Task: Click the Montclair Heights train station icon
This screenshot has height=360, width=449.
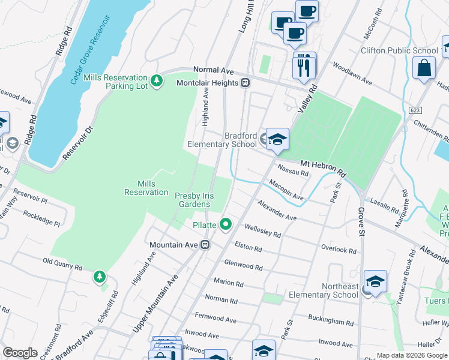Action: point(246,83)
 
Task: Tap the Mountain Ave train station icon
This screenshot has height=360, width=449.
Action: point(205,245)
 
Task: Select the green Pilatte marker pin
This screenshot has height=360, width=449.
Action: point(226,224)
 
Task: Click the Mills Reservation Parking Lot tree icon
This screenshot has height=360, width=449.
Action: point(157,80)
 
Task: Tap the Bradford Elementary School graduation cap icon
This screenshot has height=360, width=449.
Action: point(277,139)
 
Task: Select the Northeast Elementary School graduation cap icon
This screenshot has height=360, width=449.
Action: point(375,281)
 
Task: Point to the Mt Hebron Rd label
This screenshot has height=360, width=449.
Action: point(323,167)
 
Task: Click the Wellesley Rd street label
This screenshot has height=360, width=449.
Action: point(262,231)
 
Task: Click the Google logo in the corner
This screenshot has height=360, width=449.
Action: point(20,353)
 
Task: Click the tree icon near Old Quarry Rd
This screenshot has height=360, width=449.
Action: point(99,277)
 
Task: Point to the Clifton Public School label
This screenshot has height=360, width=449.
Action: point(399,51)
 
